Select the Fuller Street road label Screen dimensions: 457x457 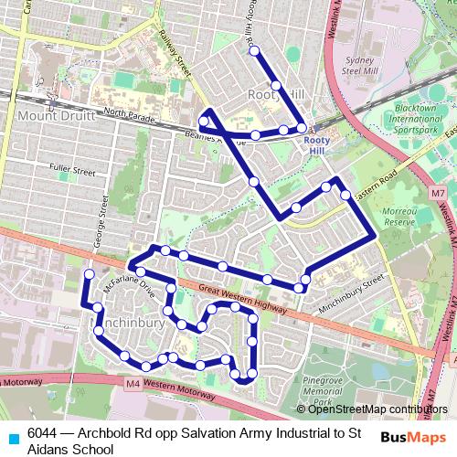tap(72, 171)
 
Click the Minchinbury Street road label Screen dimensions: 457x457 tap(349, 299)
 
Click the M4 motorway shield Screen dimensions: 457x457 tap(134, 384)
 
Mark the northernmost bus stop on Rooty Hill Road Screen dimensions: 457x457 tap(254, 51)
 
